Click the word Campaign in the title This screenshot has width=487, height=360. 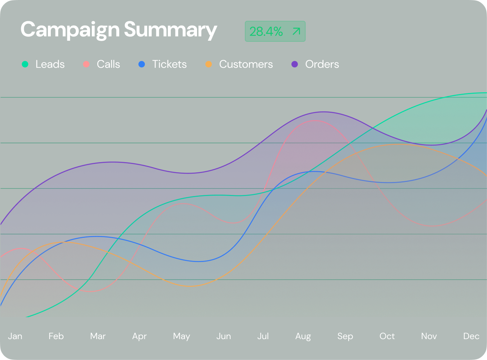70,30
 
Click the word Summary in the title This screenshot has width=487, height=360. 170,30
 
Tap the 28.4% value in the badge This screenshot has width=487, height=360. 266,32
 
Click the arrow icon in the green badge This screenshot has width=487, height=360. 296,31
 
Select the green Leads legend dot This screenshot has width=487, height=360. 25,64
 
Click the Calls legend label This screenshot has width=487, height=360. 108,64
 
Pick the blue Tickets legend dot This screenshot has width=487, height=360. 142,64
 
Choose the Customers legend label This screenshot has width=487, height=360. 246,64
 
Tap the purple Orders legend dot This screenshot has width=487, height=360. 295,64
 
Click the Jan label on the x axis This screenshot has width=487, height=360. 15,336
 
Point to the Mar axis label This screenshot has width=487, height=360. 98,336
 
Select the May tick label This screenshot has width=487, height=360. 182,336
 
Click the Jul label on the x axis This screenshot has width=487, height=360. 263,336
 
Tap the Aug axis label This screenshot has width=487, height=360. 303,336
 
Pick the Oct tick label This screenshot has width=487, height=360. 387,336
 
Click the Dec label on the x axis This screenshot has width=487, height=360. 471,336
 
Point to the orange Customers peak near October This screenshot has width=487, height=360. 398,144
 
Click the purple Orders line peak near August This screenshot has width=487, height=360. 323,112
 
